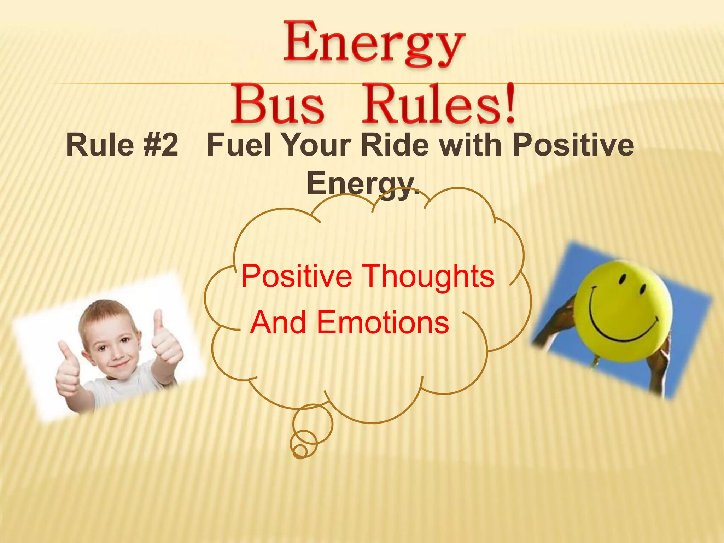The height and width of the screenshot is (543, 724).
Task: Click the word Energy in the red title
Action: pyautogui.click(x=374, y=45)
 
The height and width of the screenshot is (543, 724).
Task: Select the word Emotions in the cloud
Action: pyautogui.click(x=383, y=322)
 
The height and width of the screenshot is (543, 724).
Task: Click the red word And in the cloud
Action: pyautogui.click(x=278, y=322)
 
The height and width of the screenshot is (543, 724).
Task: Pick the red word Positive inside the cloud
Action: pyautogui.click(x=296, y=276)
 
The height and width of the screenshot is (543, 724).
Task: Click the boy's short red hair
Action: pyautogui.click(x=103, y=311)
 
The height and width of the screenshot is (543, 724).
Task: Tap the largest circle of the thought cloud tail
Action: pyautogui.click(x=313, y=424)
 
